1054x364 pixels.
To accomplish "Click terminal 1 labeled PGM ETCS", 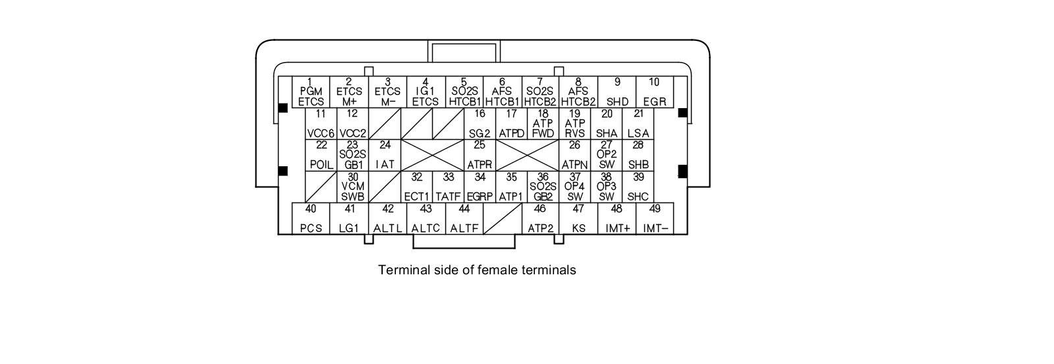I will (311, 92).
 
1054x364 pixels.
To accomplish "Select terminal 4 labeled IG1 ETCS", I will (426, 92).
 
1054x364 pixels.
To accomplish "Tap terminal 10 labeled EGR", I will (654, 92).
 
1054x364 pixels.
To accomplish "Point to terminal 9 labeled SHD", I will (617, 92).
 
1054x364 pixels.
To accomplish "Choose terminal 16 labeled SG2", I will (480, 123).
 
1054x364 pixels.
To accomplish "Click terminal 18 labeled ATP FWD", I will (543, 123).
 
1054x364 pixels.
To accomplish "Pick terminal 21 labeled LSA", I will (638, 123).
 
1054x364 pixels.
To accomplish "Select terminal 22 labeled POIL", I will (321, 155).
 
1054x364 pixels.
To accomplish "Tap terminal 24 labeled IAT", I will (385, 155).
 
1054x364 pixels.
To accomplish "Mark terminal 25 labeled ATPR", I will (480, 155).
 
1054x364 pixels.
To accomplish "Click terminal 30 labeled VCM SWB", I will (353, 187).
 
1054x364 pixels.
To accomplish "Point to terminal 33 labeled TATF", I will (449, 187).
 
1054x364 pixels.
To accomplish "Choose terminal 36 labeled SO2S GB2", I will (543, 187).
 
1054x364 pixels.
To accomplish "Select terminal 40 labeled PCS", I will (311, 218).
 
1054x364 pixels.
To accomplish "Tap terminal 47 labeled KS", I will (578, 218).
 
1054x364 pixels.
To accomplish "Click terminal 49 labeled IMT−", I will (655, 218).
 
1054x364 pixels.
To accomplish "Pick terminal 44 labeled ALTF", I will (464, 218).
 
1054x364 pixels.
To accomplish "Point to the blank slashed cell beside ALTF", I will (502, 218).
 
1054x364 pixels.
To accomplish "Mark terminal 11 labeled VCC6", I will (321, 123).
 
